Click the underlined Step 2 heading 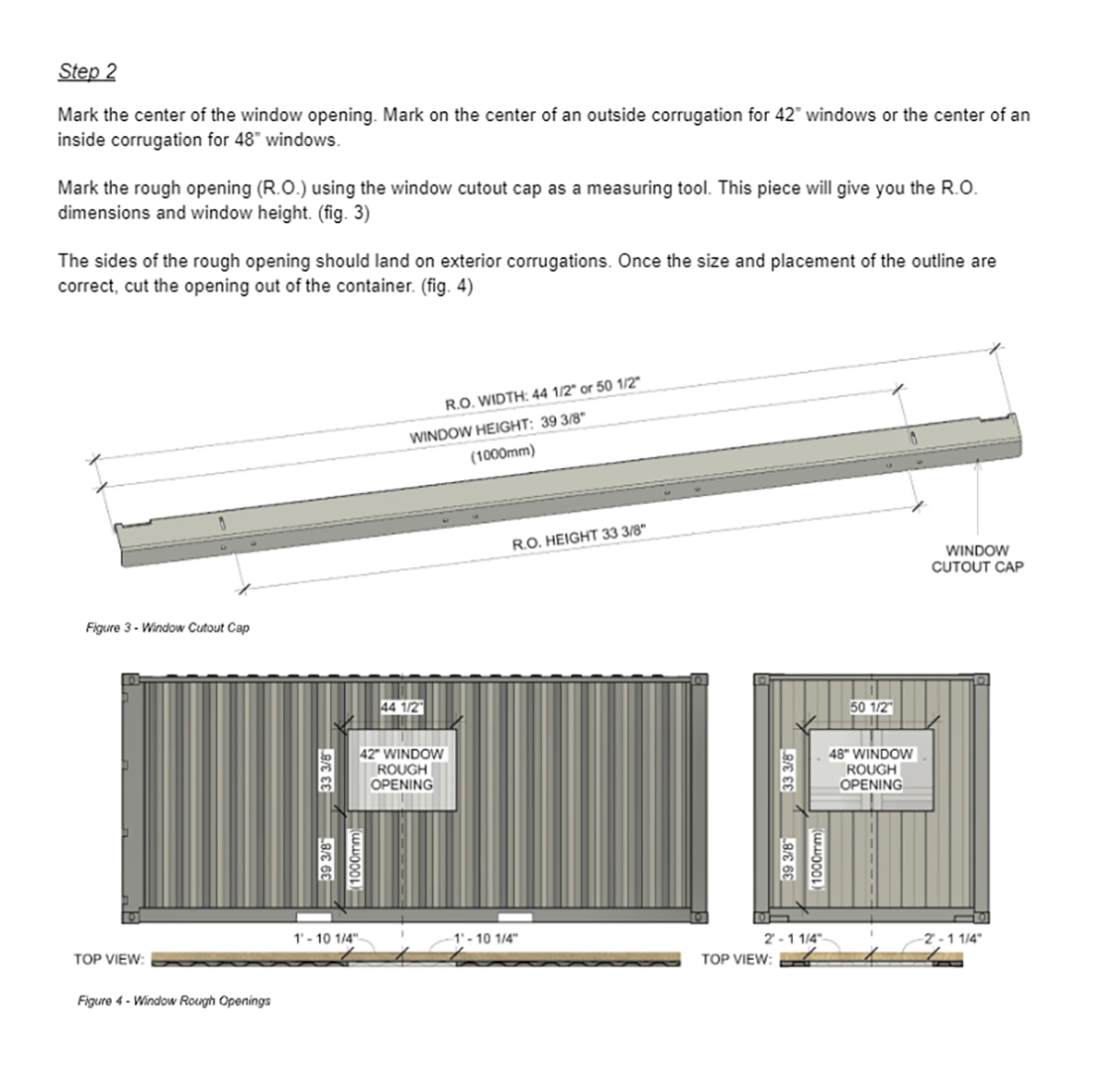tap(87, 71)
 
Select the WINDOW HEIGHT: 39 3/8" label tap(495, 428)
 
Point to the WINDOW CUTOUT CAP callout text tap(976, 558)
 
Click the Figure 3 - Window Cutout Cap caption tap(167, 628)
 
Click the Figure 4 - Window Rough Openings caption tap(173, 1001)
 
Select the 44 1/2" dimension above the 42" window tap(401, 707)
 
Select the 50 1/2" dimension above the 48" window tap(871, 707)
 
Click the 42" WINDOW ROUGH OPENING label tap(401, 769)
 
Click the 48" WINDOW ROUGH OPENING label tap(871, 769)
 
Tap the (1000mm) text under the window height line tap(502, 453)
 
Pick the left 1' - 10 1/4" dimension tap(325, 937)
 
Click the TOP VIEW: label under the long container tap(109, 959)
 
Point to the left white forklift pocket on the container tap(313, 916)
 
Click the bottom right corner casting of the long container tap(700, 916)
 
